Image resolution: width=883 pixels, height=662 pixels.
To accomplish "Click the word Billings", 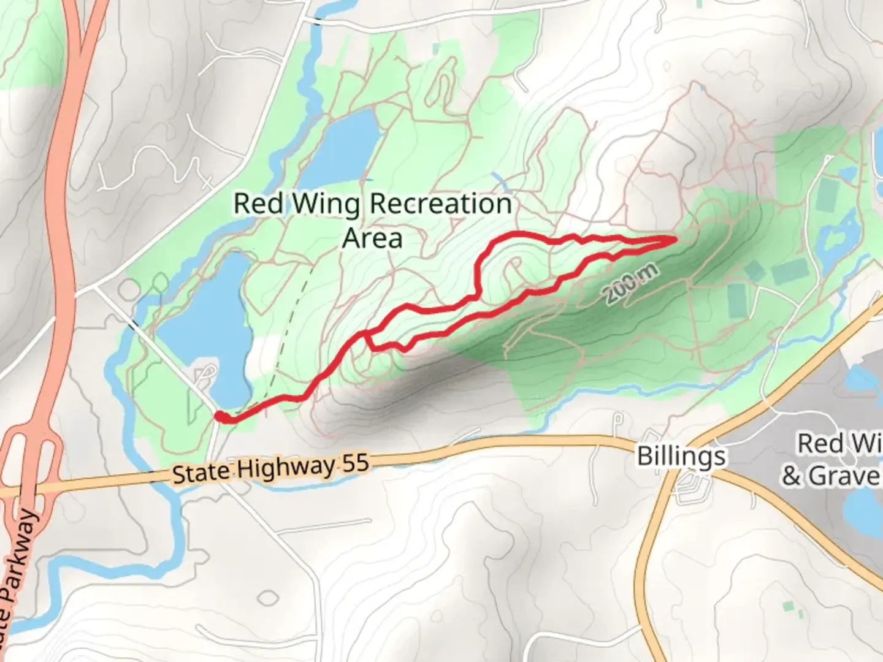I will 681,457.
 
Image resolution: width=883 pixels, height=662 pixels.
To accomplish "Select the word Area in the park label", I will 372,238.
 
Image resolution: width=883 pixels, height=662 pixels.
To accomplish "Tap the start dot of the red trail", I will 219,416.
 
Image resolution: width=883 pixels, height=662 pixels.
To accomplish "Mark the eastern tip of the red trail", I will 675,239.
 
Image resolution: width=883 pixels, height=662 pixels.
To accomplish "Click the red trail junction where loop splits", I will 366,334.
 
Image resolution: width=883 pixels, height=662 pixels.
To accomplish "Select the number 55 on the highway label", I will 354,462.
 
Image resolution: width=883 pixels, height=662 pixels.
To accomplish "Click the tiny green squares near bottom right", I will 791,609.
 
